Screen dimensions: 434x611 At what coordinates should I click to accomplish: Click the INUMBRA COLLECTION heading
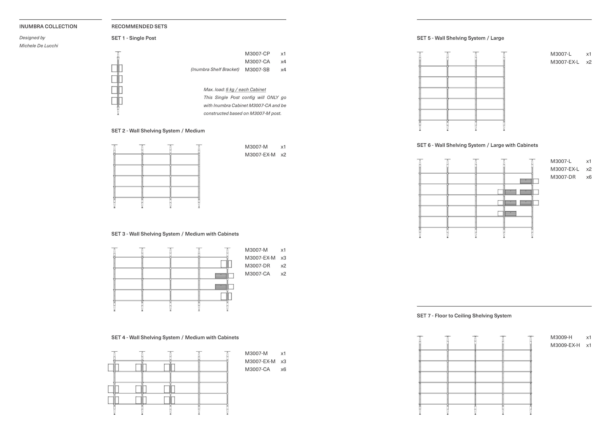[48, 26]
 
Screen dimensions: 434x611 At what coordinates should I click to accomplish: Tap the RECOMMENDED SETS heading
[139, 26]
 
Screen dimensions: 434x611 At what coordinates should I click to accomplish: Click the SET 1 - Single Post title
[134, 38]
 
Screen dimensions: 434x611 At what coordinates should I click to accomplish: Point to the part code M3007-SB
[257, 70]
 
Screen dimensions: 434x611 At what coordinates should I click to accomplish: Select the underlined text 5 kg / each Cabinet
[246, 90]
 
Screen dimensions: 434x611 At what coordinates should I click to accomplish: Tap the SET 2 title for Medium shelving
[158, 131]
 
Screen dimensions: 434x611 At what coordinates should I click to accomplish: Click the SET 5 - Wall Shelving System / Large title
[460, 38]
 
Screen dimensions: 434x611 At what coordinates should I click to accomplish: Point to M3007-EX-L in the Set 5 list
[565, 62]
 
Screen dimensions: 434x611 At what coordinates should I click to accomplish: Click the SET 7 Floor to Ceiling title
[464, 316]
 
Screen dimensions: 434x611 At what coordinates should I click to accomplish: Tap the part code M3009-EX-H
[565, 345]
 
